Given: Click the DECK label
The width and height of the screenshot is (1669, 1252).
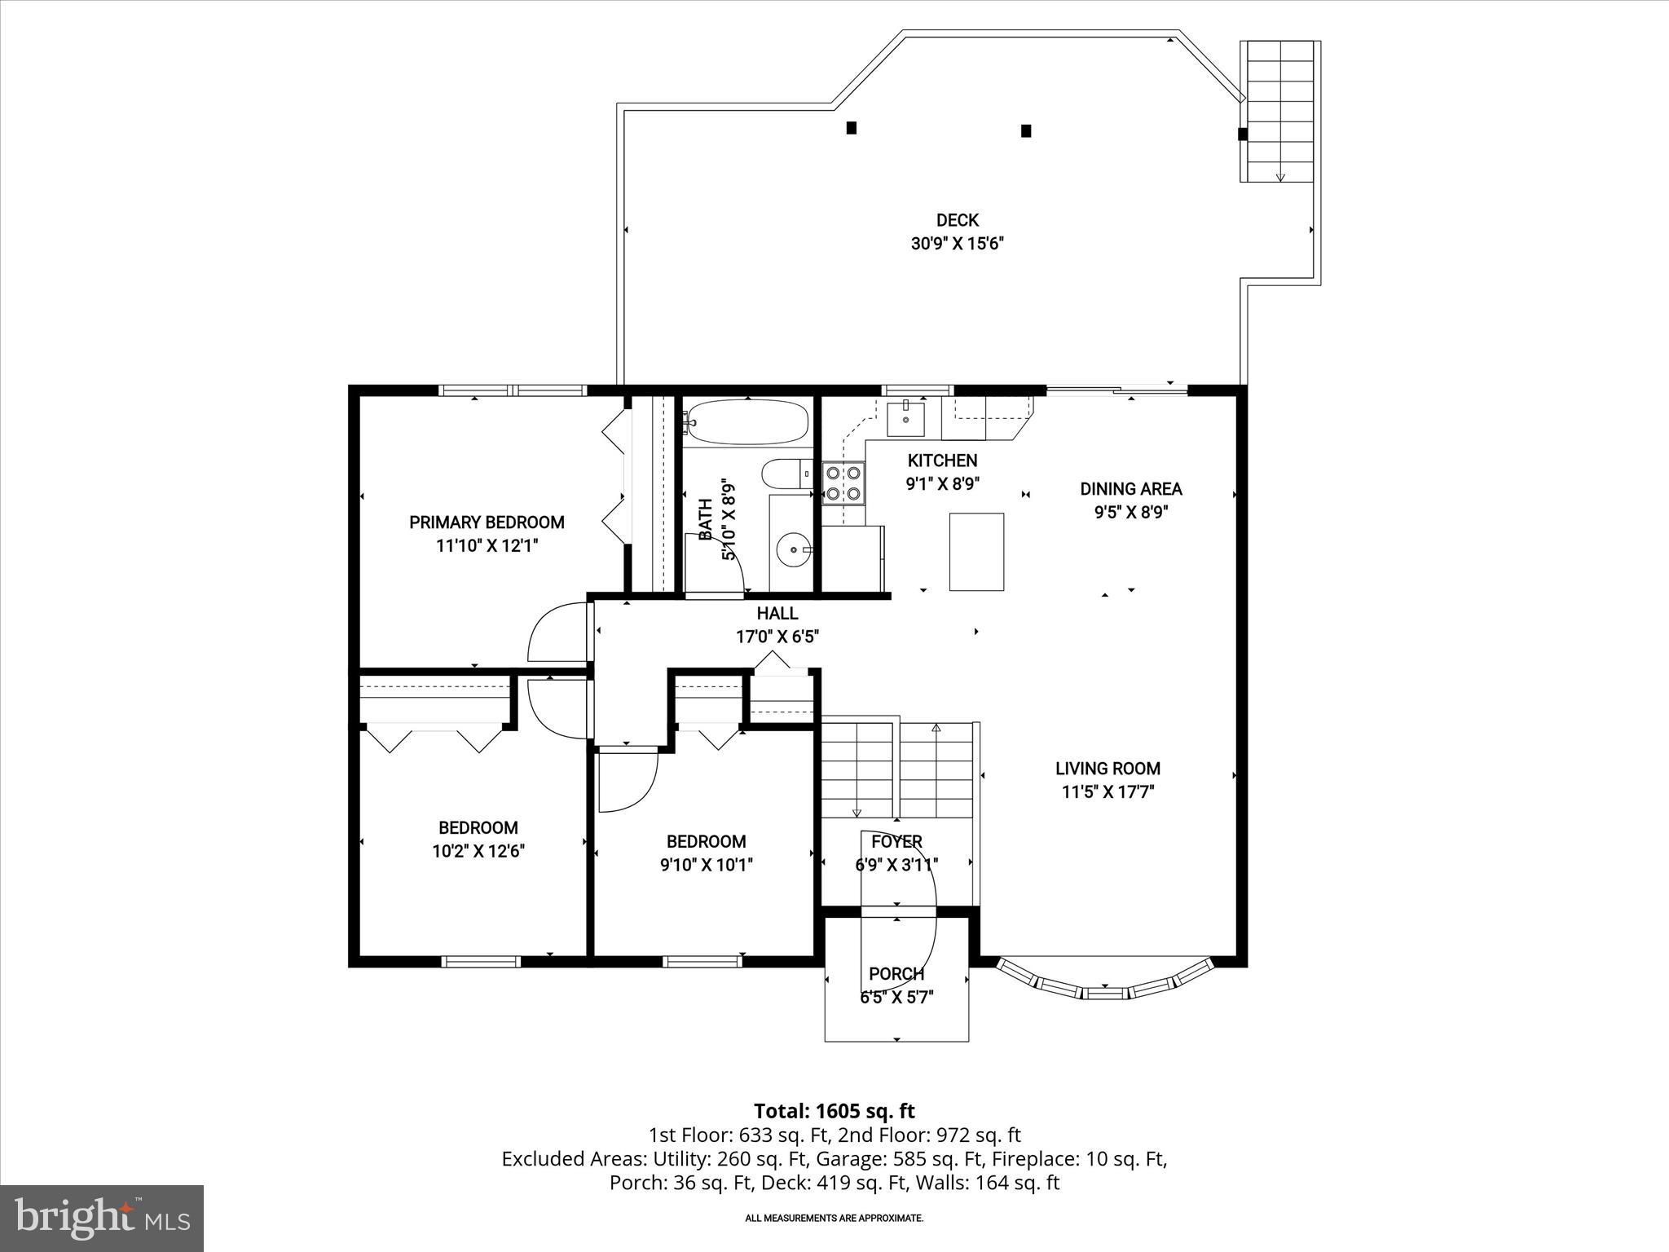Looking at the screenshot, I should (x=957, y=220).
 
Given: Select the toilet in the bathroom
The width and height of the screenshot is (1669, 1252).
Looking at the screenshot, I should (x=785, y=474).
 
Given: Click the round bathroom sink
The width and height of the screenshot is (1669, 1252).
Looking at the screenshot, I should (x=792, y=549).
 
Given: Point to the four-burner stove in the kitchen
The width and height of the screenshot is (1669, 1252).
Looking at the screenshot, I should (x=843, y=482).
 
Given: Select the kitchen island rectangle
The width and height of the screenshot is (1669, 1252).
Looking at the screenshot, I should (x=976, y=552).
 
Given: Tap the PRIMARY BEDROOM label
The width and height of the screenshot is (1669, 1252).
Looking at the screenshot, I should (x=487, y=522).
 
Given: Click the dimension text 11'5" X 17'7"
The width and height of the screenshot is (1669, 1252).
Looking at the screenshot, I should (x=1108, y=791).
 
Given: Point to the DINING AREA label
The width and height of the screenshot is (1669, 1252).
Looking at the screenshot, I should (x=1130, y=489).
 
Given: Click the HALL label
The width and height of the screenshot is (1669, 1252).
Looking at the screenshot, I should (x=777, y=613).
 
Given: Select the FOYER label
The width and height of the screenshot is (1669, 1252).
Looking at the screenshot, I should (x=896, y=841).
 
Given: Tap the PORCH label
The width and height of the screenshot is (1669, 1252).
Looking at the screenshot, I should (x=896, y=973).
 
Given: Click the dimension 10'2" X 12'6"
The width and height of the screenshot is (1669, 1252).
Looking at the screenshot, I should (x=478, y=851).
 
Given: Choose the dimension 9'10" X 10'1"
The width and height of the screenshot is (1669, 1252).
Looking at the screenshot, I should (x=707, y=865).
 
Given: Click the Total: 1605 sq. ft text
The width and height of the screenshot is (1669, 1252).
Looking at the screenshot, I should (x=834, y=1111).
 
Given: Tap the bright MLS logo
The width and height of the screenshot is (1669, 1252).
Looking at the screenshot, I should (x=102, y=1218).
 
